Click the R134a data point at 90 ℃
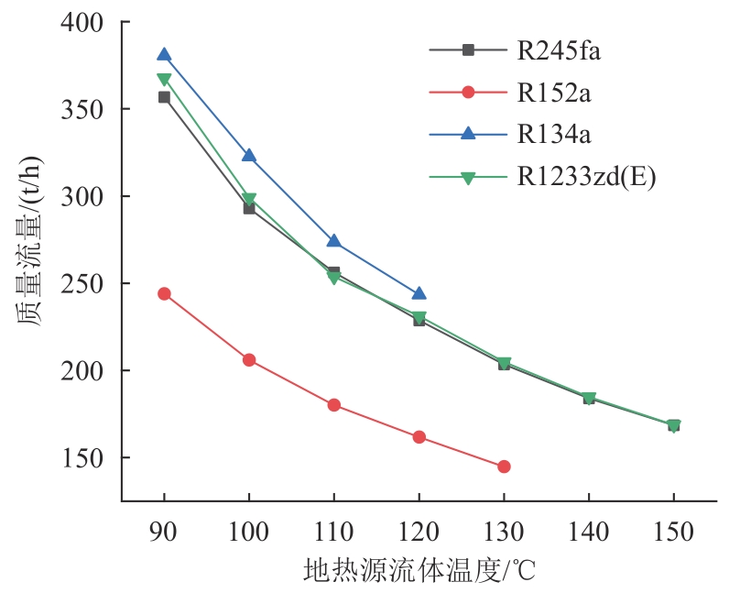[164, 55]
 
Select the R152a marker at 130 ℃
[504, 467]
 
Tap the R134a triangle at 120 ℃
[419, 293]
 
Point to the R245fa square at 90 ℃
[164, 97]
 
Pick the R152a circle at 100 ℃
[249, 360]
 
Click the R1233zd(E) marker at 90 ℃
[164, 81]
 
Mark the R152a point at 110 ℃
[334, 405]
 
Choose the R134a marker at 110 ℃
[334, 241]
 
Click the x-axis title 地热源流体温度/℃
[419, 571]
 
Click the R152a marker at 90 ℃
[164, 294]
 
